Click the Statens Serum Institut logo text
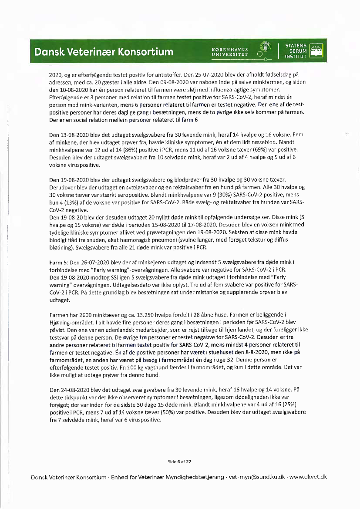(296, 51)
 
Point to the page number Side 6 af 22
(179, 461)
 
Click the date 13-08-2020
(75, 135)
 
